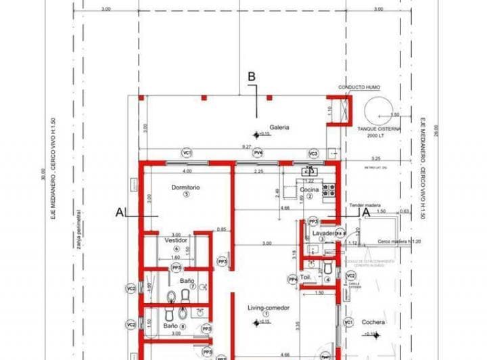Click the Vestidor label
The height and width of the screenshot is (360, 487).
pos(176,240)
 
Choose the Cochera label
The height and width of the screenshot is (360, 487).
pos(373,322)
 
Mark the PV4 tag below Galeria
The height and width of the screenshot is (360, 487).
pos(258,153)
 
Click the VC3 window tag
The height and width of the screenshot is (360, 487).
pos(313,153)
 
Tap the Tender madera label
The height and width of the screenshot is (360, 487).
pos(366,204)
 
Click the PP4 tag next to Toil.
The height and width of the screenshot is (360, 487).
pos(293,279)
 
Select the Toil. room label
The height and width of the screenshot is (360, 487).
pos(306,277)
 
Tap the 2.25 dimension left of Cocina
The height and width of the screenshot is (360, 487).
pos(258,171)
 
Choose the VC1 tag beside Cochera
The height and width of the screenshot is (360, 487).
pos(348,322)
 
